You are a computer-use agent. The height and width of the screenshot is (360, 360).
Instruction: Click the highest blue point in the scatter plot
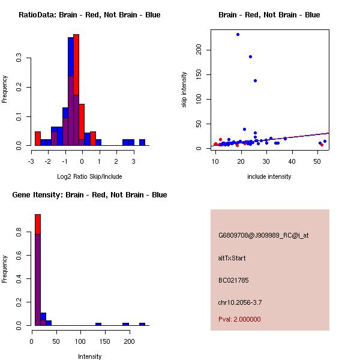(238, 34)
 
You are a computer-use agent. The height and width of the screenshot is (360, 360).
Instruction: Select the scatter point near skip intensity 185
(250, 56)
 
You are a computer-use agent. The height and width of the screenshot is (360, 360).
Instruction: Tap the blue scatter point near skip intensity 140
(255, 80)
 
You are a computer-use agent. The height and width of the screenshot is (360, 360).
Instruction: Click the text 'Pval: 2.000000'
(239, 319)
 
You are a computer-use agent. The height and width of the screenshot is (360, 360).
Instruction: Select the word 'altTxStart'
(232, 258)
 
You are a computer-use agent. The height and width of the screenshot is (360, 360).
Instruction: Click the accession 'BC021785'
(233, 280)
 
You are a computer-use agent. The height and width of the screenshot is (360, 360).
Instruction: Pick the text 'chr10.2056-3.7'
(240, 302)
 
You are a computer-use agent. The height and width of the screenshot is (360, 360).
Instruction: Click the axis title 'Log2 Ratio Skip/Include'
(89, 176)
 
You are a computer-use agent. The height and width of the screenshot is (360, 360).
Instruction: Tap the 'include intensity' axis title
(269, 176)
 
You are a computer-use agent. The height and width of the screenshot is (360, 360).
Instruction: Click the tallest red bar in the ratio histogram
(76, 90)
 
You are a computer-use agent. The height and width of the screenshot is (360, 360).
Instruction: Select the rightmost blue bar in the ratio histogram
(142, 142)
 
